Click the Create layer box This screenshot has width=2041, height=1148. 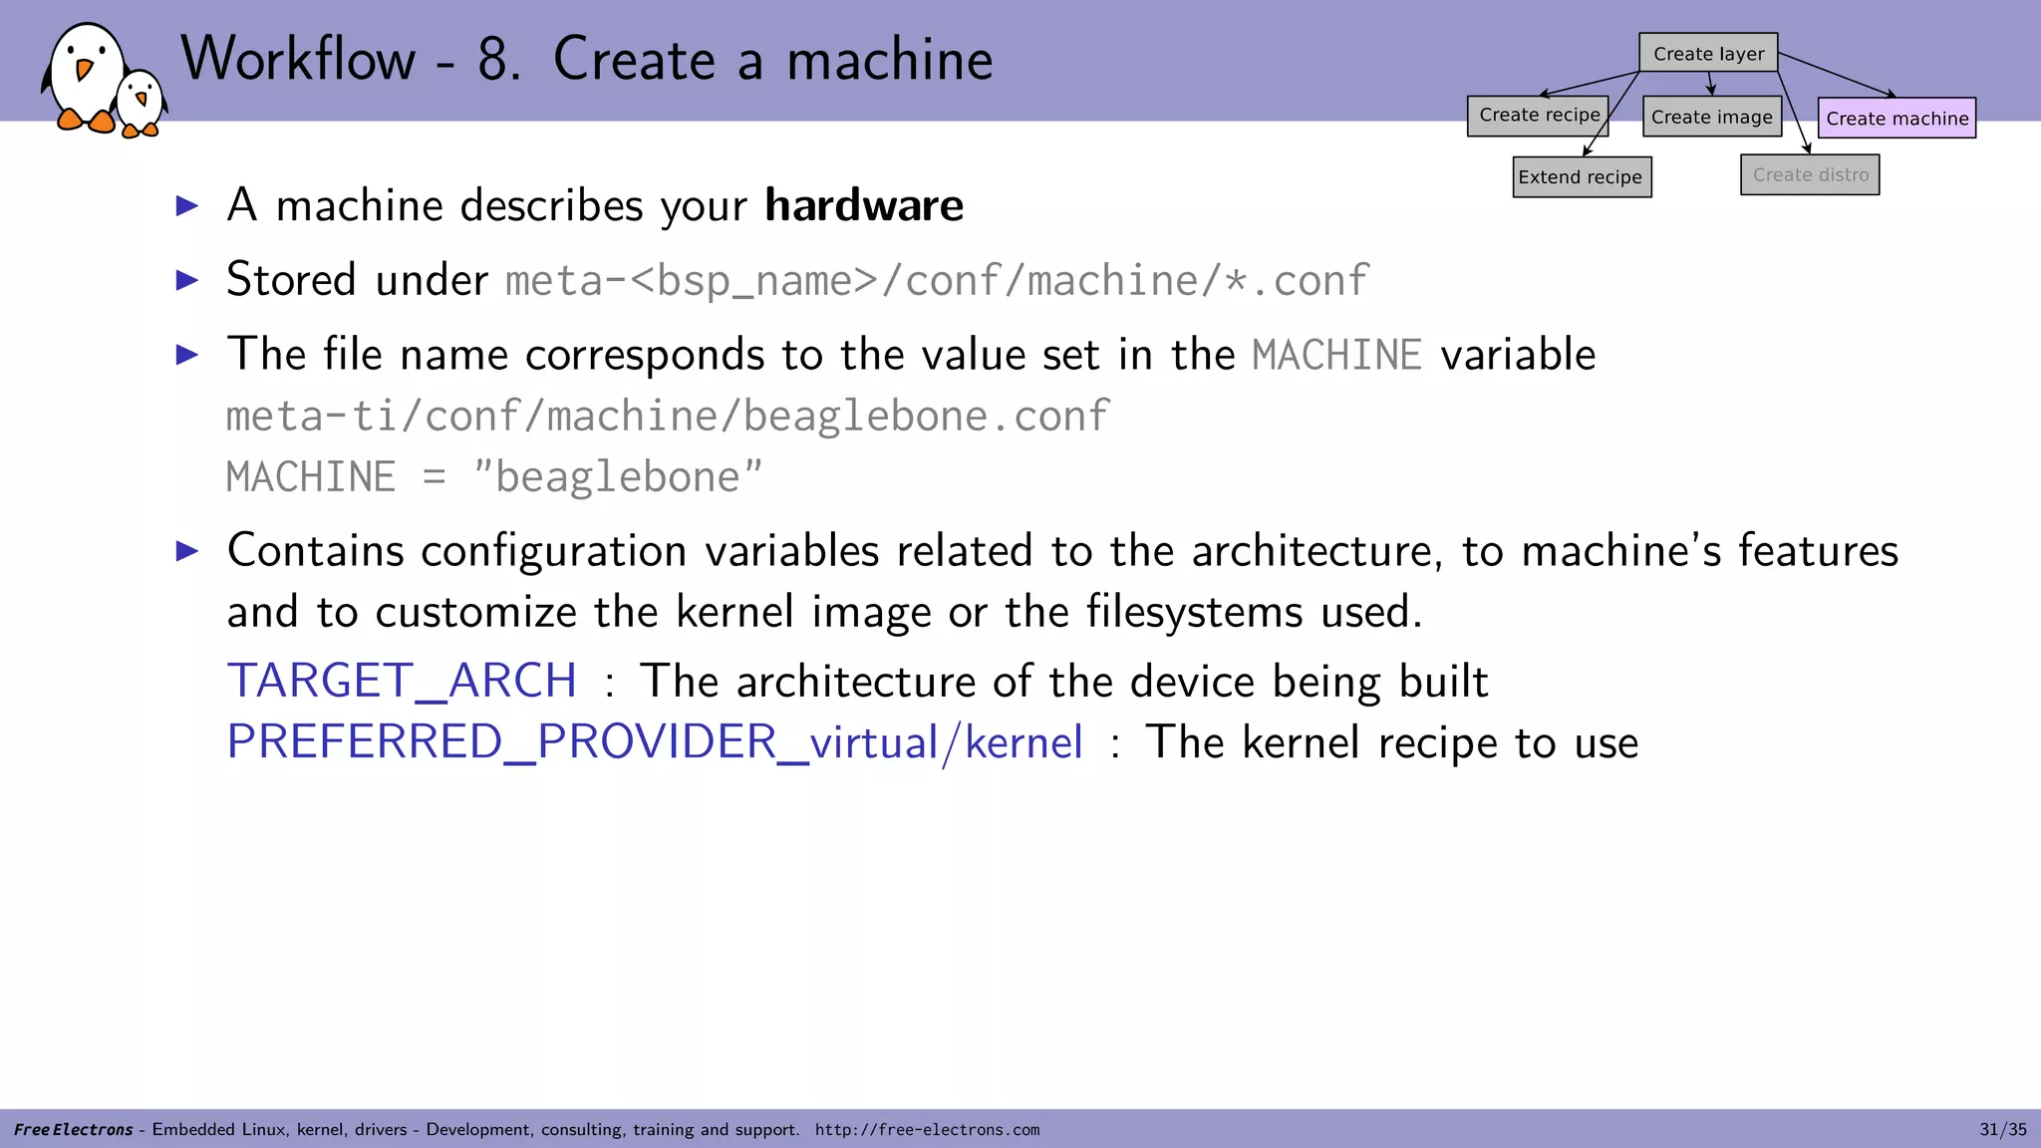(x=1708, y=54)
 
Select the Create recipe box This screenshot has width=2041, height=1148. (x=1538, y=116)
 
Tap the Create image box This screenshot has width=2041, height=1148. (x=1711, y=118)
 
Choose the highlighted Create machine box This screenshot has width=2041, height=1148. (x=1896, y=119)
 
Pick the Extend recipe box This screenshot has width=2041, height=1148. (x=1581, y=177)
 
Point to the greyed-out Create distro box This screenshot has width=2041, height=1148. (x=1810, y=175)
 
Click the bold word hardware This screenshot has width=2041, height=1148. (x=863, y=205)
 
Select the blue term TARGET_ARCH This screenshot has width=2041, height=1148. (x=402, y=682)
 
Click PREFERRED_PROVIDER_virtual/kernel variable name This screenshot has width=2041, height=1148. (x=654, y=742)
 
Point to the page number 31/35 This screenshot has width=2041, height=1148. (x=2002, y=1129)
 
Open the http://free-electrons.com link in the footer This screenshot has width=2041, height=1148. (x=927, y=1130)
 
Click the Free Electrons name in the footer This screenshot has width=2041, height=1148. (x=74, y=1130)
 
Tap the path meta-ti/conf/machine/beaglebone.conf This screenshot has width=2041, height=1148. (x=667, y=417)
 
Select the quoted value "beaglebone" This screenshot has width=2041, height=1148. (x=618, y=477)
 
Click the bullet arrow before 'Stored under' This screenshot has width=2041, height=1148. (x=187, y=280)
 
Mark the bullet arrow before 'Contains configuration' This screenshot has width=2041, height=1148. (x=187, y=551)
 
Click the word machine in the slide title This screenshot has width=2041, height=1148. (x=889, y=60)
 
